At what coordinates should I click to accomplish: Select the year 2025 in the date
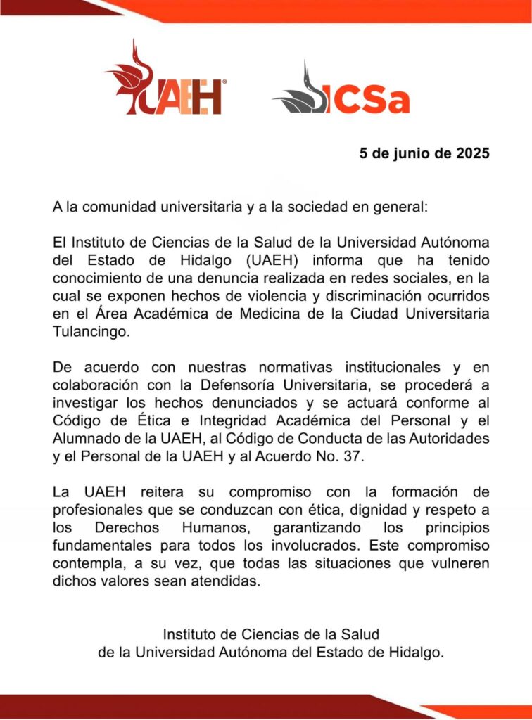469,153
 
